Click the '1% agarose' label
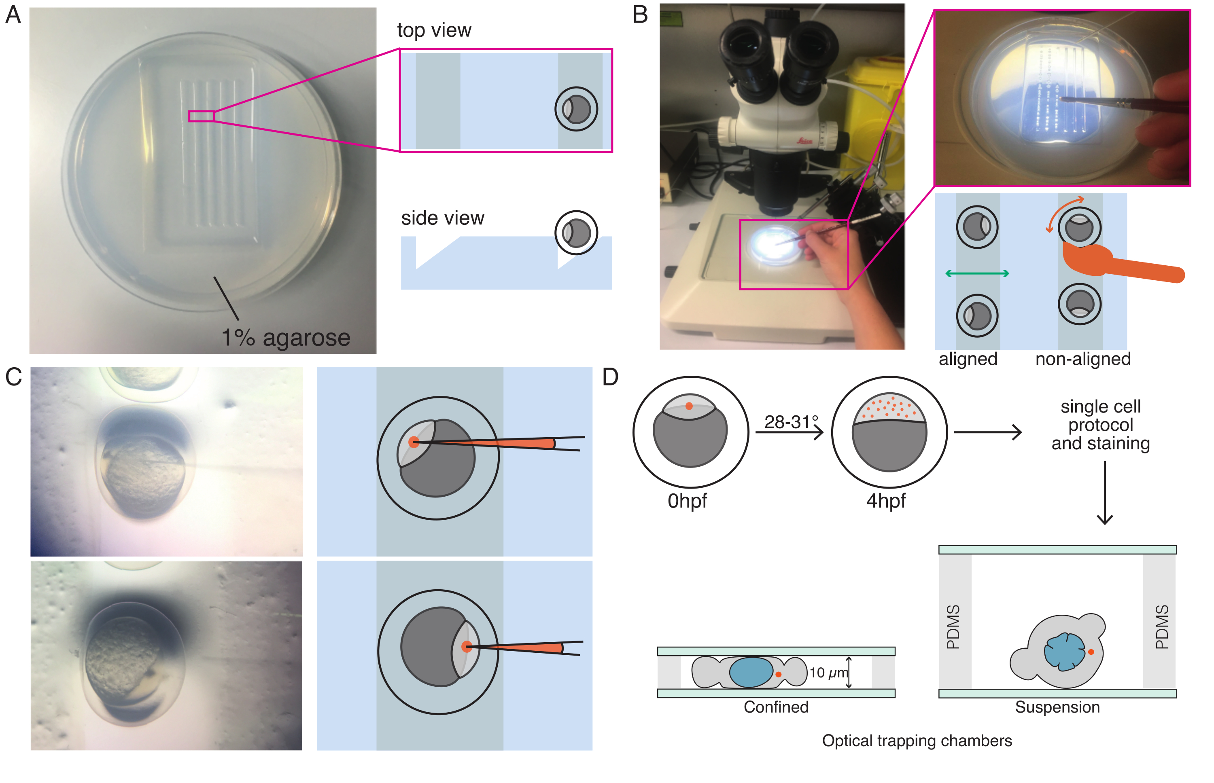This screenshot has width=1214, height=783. coord(286,338)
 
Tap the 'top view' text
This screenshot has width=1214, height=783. coord(434,30)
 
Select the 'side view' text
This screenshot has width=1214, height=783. coord(442,218)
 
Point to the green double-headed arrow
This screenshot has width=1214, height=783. coord(977,273)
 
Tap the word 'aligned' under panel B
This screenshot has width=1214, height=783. coord(968,359)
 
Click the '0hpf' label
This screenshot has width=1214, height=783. coord(687,501)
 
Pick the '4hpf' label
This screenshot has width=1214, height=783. coord(886,501)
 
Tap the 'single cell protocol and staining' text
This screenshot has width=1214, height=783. coord(1101,425)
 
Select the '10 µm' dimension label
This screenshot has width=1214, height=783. coord(828,673)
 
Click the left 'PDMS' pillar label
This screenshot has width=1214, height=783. coord(953,626)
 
